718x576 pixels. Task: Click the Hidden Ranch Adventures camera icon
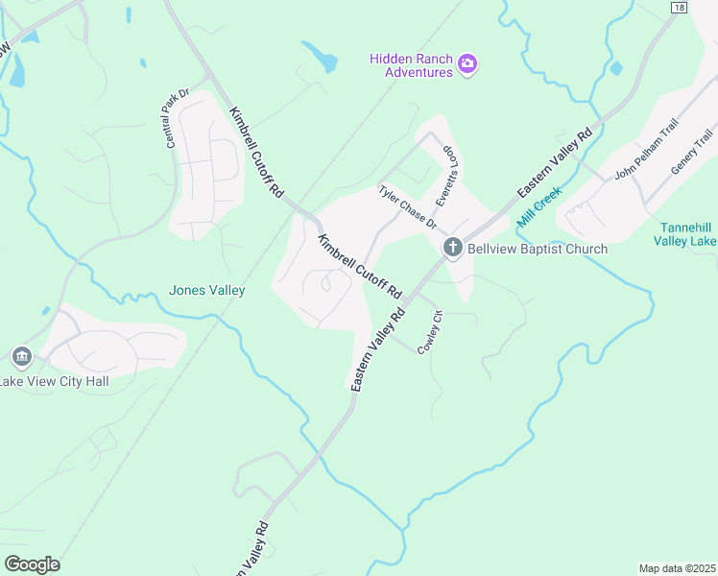tap(468, 64)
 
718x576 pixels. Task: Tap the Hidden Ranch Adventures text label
tap(411, 64)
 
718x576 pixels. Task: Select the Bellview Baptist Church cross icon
tap(453, 249)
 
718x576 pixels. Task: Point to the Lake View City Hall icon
tap(21, 358)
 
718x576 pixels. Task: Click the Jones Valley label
tap(206, 290)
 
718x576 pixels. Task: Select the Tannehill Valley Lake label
tap(685, 234)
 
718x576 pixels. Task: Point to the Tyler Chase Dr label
tap(408, 208)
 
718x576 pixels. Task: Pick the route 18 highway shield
tap(680, 7)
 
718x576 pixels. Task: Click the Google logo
tap(32, 564)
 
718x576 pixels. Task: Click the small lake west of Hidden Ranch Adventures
tap(321, 57)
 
